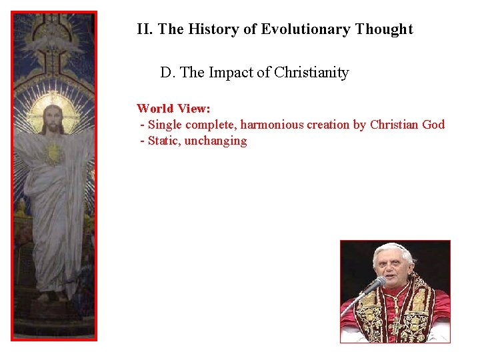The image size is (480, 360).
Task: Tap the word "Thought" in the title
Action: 384,29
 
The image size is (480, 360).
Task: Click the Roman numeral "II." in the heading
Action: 145,29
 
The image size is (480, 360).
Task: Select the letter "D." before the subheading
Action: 167,73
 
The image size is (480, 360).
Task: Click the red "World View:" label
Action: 174,108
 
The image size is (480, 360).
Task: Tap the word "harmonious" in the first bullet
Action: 271,125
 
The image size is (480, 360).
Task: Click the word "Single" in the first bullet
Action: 165,125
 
